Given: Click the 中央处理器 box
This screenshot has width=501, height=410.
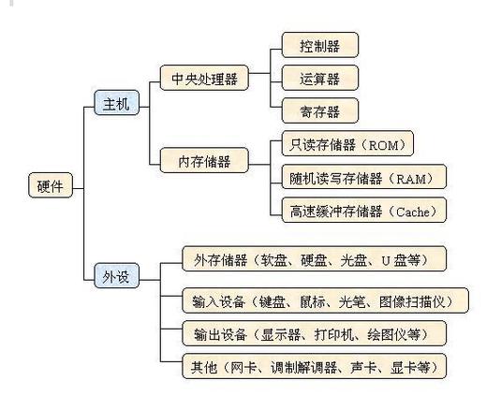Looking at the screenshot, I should pyautogui.click(x=203, y=79).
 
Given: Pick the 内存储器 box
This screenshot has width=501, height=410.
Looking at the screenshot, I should pyautogui.click(x=204, y=161).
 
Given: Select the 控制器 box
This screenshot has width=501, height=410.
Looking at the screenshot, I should pyautogui.click(x=319, y=44).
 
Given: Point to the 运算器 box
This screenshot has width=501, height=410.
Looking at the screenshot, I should pyautogui.click(x=319, y=79).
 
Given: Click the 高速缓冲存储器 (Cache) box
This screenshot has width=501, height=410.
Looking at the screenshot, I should pyautogui.click(x=363, y=211).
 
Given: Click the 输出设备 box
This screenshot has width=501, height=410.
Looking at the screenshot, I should pyautogui.click(x=313, y=333).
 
